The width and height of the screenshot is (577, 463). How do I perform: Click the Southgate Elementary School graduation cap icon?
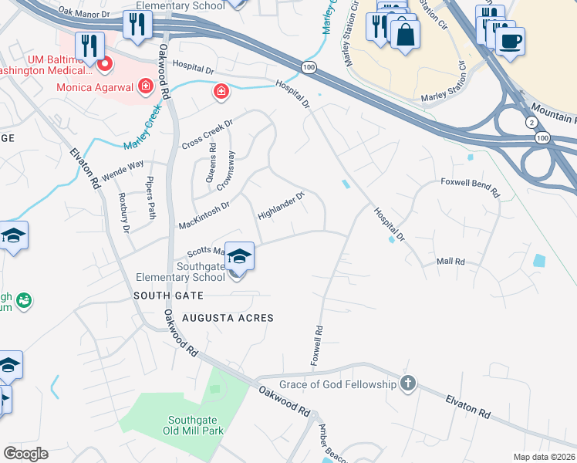tap(239, 255)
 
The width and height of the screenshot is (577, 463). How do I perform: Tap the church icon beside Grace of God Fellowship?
tap(408, 384)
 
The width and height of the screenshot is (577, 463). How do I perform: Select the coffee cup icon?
tap(510, 40)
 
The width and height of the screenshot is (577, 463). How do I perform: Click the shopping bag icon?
tap(405, 34)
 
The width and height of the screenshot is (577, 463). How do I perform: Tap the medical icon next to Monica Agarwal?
tap(144, 87)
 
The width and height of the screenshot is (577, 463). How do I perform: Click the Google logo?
tap(26, 454)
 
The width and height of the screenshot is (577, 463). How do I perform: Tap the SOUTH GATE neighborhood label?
tap(168, 296)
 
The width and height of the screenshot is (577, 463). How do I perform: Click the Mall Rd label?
tap(451, 262)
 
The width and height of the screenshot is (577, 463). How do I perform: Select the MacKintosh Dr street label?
tap(204, 215)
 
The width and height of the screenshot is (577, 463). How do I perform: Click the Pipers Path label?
tap(150, 201)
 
